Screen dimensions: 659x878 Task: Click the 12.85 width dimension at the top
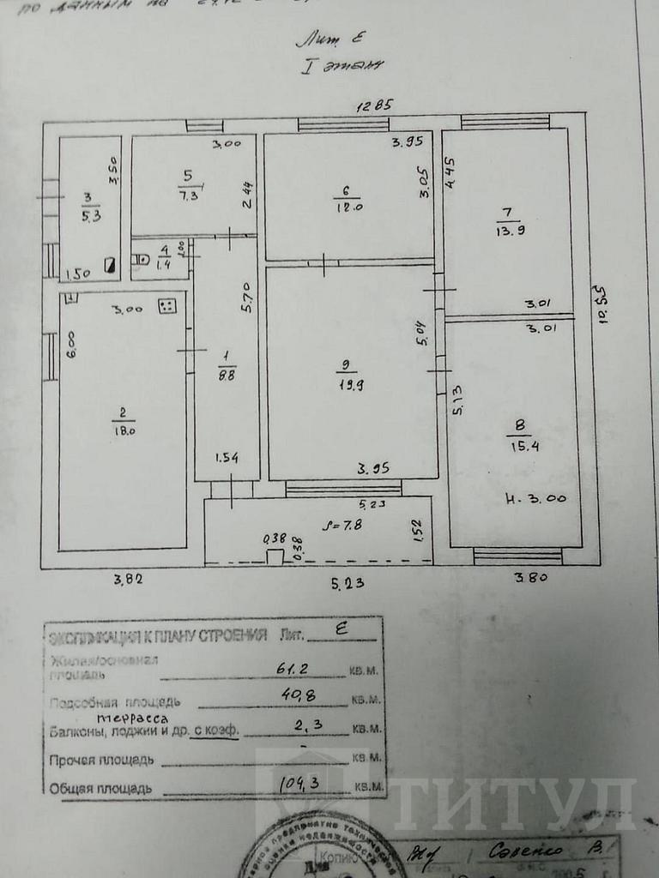coord(375,105)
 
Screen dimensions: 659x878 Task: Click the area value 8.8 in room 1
coord(226,374)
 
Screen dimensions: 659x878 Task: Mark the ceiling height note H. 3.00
coord(537,498)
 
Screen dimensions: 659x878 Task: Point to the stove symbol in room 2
coord(167,305)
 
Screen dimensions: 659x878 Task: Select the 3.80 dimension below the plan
coord(531,578)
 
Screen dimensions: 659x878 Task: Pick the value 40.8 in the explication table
coord(297,695)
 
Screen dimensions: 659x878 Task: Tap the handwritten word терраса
coord(131,718)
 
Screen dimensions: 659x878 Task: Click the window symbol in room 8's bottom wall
coord(517,557)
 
